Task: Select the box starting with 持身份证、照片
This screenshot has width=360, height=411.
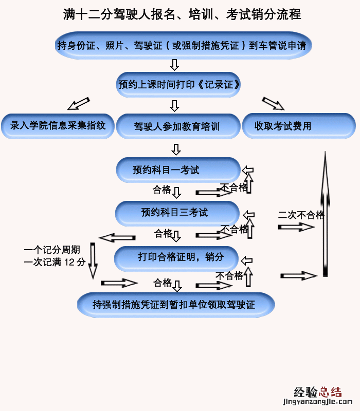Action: click(182, 46)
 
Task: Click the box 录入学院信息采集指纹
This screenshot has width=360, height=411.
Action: click(58, 125)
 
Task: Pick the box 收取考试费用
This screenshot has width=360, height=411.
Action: click(298, 126)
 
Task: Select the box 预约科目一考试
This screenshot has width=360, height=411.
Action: click(177, 170)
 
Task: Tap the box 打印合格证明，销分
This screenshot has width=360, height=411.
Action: click(176, 257)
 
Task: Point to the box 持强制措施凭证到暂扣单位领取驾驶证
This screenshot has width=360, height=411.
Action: click(175, 305)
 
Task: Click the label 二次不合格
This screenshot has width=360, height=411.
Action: click(301, 215)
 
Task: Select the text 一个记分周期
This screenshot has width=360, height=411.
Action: click(52, 250)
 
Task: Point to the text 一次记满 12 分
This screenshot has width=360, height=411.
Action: click(55, 262)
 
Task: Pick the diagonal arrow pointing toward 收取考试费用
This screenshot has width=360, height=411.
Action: click(273, 103)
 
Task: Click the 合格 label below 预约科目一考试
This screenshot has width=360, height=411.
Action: click(162, 190)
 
